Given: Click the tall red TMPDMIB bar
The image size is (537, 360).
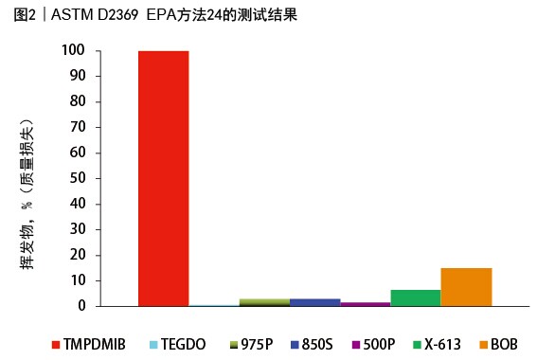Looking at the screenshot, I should [163, 178].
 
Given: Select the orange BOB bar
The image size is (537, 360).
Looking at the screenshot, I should [466, 287].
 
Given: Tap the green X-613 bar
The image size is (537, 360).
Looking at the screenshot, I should [415, 297].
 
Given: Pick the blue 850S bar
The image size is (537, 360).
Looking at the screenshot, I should [314, 302].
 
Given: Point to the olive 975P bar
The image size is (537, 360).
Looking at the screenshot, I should [264, 302].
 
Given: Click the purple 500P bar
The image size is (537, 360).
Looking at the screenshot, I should [365, 304].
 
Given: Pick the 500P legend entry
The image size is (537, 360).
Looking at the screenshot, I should [374, 343].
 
